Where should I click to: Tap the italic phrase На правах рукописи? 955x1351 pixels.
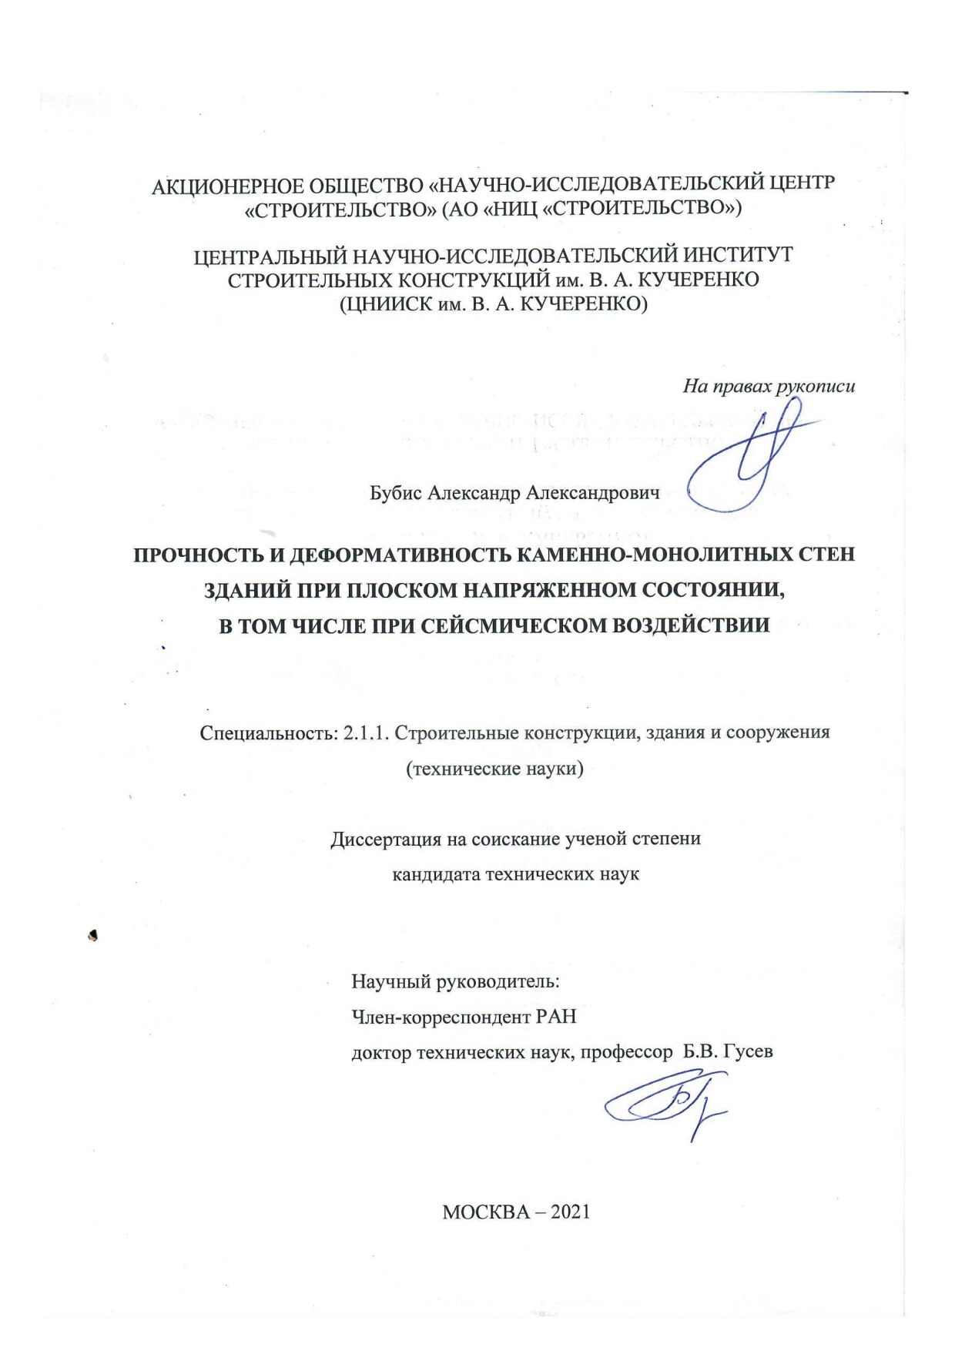pyautogui.click(x=768, y=387)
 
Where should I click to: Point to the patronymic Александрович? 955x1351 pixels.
pyautogui.click(x=592, y=493)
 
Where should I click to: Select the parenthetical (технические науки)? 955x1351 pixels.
pyautogui.click(x=494, y=769)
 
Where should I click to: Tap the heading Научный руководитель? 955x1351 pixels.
pyautogui.click(x=455, y=981)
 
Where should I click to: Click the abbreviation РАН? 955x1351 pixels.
pyautogui.click(x=555, y=1017)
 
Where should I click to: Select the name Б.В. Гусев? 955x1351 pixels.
pyautogui.click(x=728, y=1052)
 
